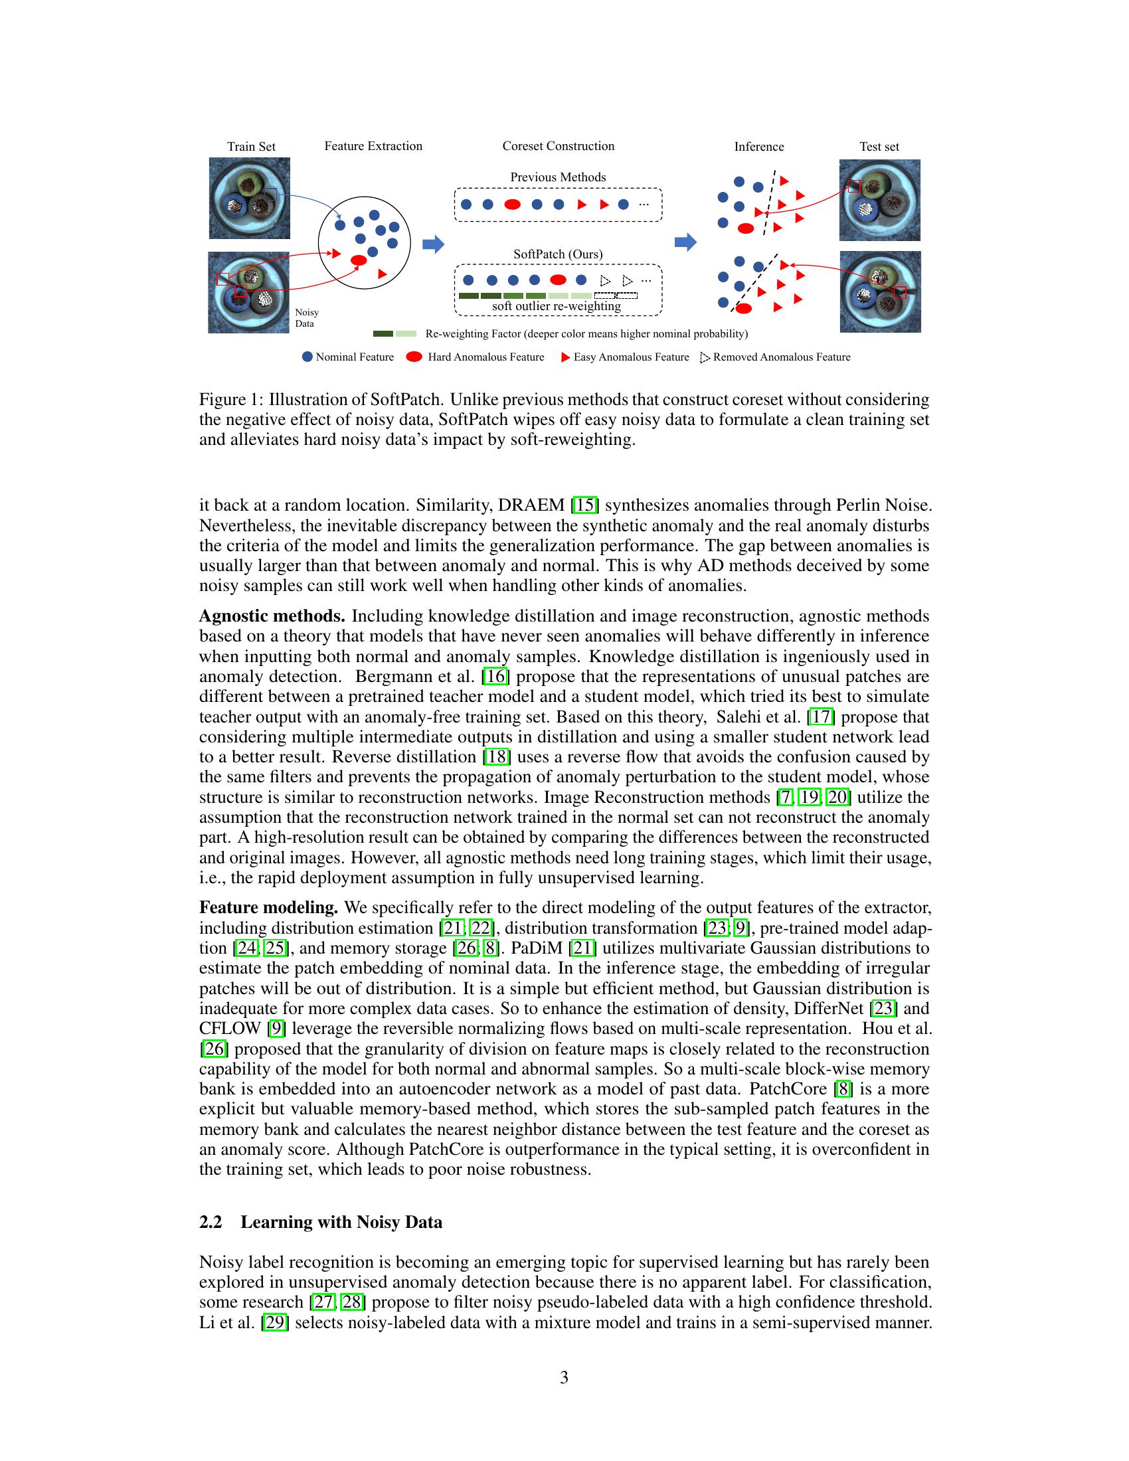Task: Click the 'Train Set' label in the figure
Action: click(251, 147)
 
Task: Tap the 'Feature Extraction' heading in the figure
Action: click(373, 146)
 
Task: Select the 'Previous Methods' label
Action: click(558, 177)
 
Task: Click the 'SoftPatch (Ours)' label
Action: click(558, 254)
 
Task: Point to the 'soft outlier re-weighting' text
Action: click(557, 306)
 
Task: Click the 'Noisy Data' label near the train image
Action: click(306, 317)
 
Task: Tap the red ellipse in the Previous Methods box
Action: click(512, 205)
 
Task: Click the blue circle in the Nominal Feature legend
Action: click(307, 357)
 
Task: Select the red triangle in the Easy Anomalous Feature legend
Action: click(565, 357)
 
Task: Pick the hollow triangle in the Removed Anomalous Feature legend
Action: click(705, 358)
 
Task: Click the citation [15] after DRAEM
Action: click(584, 505)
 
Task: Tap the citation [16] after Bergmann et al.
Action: click(495, 676)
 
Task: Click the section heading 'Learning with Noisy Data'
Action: click(341, 1222)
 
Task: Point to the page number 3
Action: click(564, 1378)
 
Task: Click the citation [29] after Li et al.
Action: click(274, 1322)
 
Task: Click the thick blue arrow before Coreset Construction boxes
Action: click(434, 244)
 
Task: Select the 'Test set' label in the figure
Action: click(879, 147)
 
